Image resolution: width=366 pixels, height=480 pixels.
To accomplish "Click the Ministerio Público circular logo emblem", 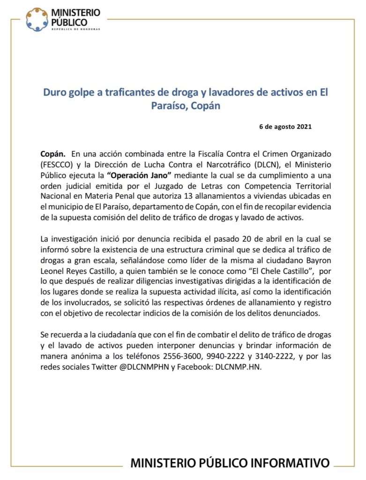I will coord(37,19).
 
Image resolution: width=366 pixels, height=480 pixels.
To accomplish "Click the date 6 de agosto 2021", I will coord(285,127).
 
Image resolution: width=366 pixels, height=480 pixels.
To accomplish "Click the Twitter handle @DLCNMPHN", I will coord(131,367).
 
